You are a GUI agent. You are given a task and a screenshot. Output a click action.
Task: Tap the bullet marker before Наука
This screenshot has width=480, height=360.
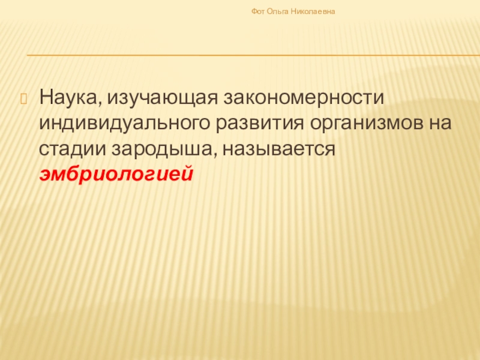tap(25, 96)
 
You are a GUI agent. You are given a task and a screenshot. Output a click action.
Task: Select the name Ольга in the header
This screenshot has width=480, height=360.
tap(278, 11)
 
